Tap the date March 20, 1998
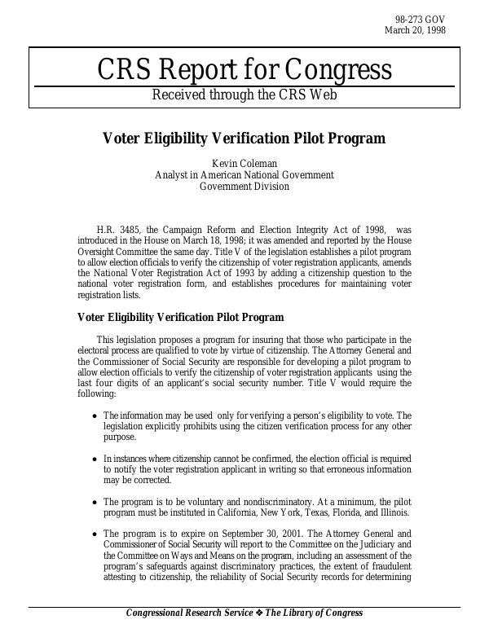coord(416,30)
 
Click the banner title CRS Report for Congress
coord(244,70)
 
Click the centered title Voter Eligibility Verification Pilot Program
coord(244,138)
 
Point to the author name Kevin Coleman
coord(244,163)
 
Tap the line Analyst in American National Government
coord(244,174)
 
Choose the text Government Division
coord(244,186)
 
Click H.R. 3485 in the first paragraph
coord(117,231)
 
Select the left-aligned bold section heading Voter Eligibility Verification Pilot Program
coord(180,318)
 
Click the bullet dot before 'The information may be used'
coord(95,417)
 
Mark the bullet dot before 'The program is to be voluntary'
coord(95,503)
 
